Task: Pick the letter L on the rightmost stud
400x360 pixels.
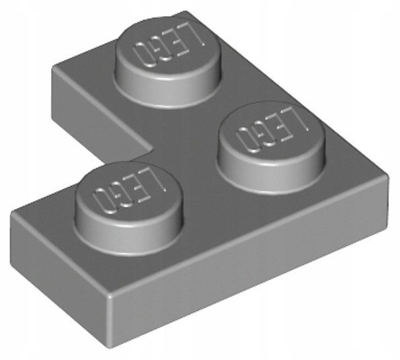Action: coord(293,125)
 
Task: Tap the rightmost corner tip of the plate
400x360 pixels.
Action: coord(389,177)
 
